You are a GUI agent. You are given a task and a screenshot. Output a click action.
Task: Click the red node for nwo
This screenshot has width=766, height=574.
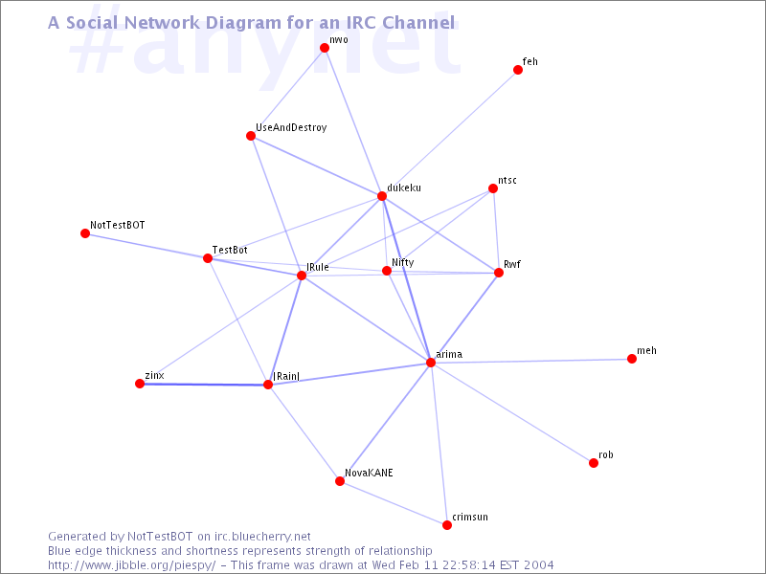pyautogui.click(x=325, y=47)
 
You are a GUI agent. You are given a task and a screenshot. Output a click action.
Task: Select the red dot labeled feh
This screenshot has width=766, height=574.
pyautogui.click(x=518, y=70)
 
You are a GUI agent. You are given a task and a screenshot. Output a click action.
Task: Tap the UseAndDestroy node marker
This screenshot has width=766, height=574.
pyautogui.click(x=251, y=136)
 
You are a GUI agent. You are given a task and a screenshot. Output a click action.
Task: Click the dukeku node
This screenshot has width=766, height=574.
pyautogui.click(x=382, y=196)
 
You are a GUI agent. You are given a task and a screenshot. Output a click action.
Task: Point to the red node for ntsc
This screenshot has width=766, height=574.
pyautogui.click(x=493, y=188)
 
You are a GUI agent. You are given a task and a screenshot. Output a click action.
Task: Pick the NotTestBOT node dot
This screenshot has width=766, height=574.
pyautogui.click(x=85, y=233)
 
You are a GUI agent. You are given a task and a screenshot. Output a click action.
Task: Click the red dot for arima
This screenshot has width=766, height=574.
pyautogui.click(x=430, y=363)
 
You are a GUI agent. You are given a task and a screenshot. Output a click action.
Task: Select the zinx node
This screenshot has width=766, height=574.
pyautogui.click(x=140, y=384)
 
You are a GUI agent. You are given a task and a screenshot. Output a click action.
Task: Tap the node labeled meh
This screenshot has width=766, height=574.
pyautogui.click(x=632, y=359)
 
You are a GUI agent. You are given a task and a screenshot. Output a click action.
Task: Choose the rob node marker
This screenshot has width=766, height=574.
pyautogui.click(x=594, y=463)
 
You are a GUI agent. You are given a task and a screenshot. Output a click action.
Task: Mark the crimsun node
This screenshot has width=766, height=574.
pyautogui.click(x=447, y=524)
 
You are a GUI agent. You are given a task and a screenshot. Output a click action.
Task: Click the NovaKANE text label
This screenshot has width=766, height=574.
pyautogui.click(x=369, y=473)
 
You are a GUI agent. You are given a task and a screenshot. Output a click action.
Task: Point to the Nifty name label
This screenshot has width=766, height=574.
pyautogui.click(x=402, y=262)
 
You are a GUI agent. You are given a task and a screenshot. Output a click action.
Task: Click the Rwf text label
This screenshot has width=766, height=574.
pyautogui.click(x=512, y=264)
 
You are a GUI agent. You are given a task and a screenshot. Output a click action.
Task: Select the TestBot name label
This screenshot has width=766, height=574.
pyautogui.click(x=230, y=250)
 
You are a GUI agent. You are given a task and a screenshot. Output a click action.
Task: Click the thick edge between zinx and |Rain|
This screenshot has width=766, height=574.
pyautogui.click(x=204, y=385)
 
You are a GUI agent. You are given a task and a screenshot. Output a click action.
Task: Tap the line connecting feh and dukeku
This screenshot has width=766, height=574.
pyautogui.click(x=450, y=133)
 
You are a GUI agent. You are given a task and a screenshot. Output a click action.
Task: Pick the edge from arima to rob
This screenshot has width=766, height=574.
pyautogui.click(x=512, y=412)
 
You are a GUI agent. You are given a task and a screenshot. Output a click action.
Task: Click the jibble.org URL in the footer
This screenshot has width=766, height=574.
pyautogui.click(x=131, y=565)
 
